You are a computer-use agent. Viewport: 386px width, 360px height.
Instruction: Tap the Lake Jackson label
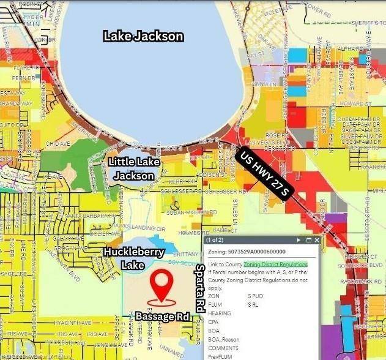pyautogui.click(x=143, y=36)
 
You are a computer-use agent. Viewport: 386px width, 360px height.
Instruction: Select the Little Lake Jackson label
pyautogui.click(x=135, y=168)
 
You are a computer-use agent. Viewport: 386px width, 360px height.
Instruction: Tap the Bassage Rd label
pyautogui.click(x=161, y=316)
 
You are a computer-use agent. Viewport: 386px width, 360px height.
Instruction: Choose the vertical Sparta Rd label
pyautogui.click(x=199, y=288)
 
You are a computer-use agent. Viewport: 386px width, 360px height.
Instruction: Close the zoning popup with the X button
pyautogui.click(x=316, y=241)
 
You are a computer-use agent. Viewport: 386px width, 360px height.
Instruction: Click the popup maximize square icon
pyautogui.click(x=308, y=241)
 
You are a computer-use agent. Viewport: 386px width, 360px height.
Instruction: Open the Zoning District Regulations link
pyautogui.click(x=267, y=264)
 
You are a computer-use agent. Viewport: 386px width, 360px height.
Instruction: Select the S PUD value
pyautogui.click(x=255, y=296)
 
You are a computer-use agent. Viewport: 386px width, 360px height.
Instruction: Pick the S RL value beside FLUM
pyautogui.click(x=254, y=304)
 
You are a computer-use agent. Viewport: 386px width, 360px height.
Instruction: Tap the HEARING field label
pyautogui.click(x=219, y=313)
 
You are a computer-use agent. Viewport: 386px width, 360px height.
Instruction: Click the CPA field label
pyautogui.click(x=213, y=321)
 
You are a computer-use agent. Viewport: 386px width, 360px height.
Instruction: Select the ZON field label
pyautogui.click(x=213, y=296)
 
